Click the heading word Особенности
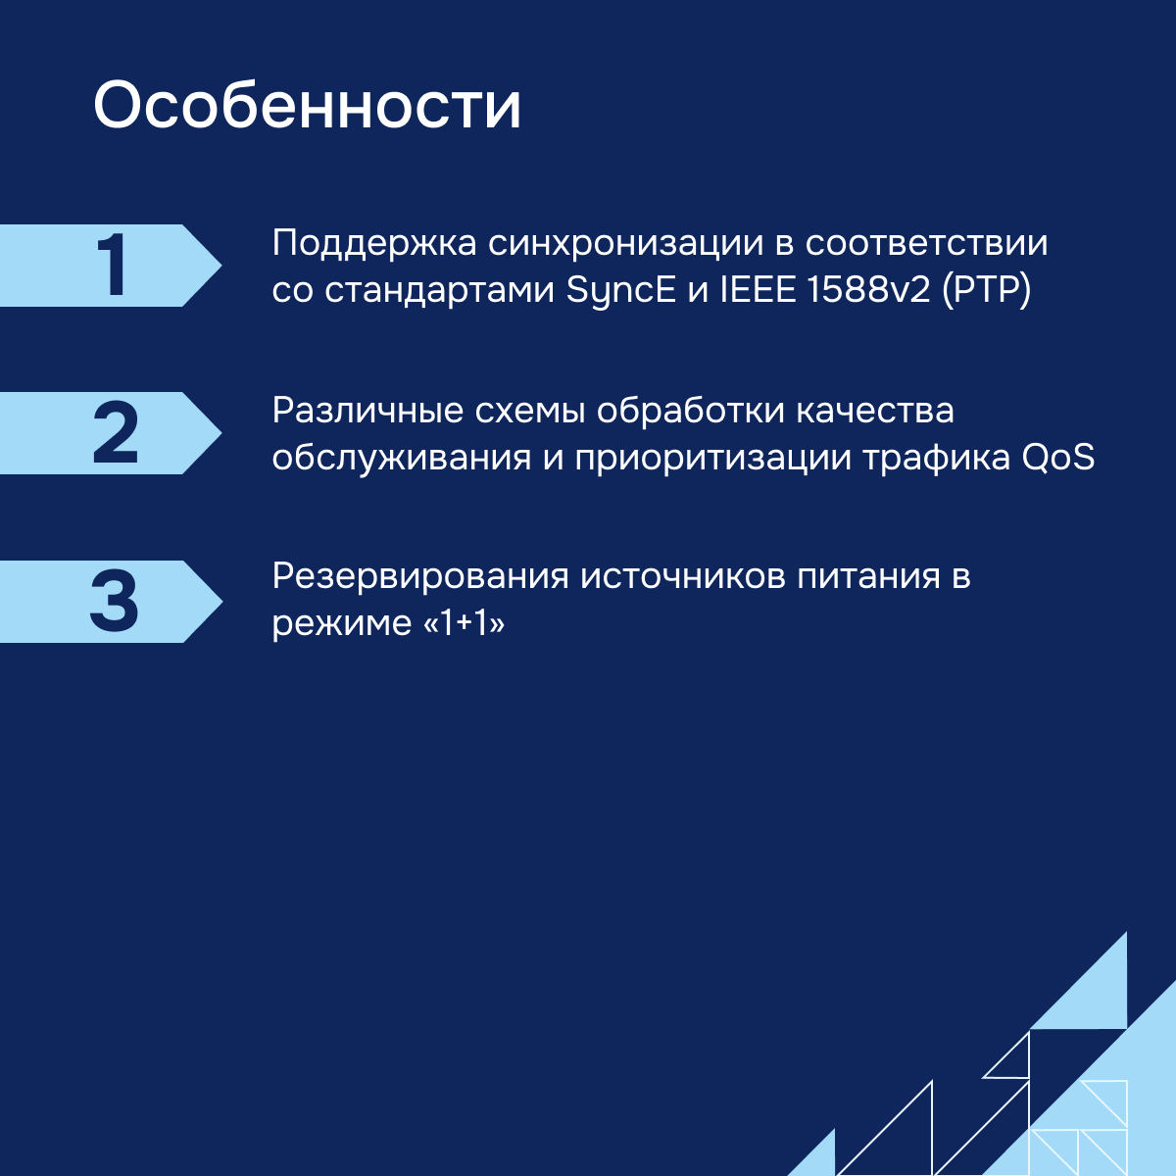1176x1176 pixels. tap(307, 105)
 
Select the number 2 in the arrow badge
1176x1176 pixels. tap(116, 432)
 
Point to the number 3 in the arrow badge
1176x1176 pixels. tap(114, 601)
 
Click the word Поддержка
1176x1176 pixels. tap(374, 243)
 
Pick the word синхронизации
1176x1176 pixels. tap(625, 244)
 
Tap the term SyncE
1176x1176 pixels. tap(620, 290)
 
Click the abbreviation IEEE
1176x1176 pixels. tap(758, 289)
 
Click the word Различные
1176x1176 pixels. tap(368, 410)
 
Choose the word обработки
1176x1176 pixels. tap(690, 410)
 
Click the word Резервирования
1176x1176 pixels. tap(420, 576)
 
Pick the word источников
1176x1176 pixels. tap(683, 576)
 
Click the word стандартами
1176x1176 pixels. tap(439, 290)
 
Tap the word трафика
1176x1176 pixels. tap(936, 458)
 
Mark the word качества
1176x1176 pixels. tap(875, 411)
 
